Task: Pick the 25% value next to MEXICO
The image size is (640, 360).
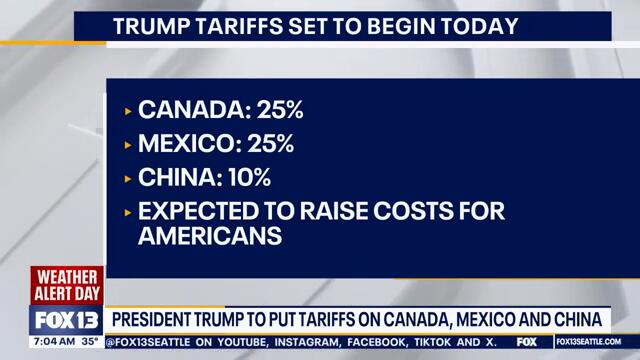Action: coord(267,144)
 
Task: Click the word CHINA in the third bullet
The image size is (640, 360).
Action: coord(174,179)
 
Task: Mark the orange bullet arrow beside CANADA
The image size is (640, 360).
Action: coord(128,109)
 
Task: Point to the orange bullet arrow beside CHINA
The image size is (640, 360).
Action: coord(128,180)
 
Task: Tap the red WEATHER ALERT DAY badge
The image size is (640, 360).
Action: coord(67,285)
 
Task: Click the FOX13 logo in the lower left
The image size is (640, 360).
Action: coord(67,320)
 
